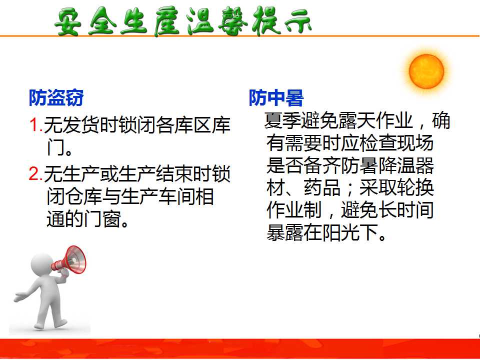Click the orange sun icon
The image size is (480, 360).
click(426, 71)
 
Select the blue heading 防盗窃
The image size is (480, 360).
click(56, 98)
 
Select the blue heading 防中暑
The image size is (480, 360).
click(276, 98)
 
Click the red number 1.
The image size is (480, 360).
click(34, 124)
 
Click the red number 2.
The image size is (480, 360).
click(34, 173)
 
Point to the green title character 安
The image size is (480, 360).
click(68, 21)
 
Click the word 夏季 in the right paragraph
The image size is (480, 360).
click(282, 120)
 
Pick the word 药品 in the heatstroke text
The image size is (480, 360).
click(322, 187)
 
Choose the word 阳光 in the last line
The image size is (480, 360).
click(341, 232)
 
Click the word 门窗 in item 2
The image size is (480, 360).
click(102, 219)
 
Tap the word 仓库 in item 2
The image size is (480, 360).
click(83, 196)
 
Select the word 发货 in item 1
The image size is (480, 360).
click(81, 125)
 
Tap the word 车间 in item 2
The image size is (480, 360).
click(176, 196)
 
